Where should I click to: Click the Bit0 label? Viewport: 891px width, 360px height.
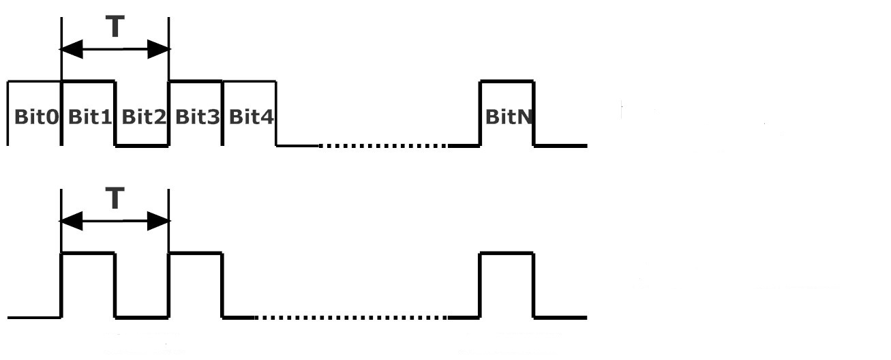click(36, 117)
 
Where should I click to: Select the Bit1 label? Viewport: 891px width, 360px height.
click(90, 117)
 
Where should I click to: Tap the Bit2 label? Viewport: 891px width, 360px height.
click(144, 117)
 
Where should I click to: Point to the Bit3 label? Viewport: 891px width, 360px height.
click(197, 117)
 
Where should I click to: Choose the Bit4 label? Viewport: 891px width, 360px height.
click(252, 117)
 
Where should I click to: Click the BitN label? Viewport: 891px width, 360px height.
click(509, 117)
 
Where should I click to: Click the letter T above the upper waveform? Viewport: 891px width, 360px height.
click(115, 27)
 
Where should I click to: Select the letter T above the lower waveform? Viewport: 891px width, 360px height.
click(115, 198)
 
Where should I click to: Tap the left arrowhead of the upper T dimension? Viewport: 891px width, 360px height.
click(71, 49)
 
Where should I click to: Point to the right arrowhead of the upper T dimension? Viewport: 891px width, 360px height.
click(159, 49)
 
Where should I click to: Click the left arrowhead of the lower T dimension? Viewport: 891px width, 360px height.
click(71, 221)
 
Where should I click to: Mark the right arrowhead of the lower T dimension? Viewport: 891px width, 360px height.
click(159, 221)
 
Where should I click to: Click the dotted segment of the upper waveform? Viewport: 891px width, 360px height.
click(383, 146)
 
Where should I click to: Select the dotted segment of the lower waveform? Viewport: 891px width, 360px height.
click(351, 318)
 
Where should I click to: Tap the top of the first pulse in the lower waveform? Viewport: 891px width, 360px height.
click(89, 253)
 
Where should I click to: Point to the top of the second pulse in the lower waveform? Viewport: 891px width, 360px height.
click(196, 253)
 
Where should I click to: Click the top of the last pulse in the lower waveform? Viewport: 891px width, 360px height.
click(507, 253)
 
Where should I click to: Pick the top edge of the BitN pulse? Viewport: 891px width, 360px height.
click(507, 82)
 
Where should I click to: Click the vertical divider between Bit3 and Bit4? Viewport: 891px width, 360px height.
click(222, 113)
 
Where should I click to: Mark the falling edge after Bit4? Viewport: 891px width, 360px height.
click(276, 113)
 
